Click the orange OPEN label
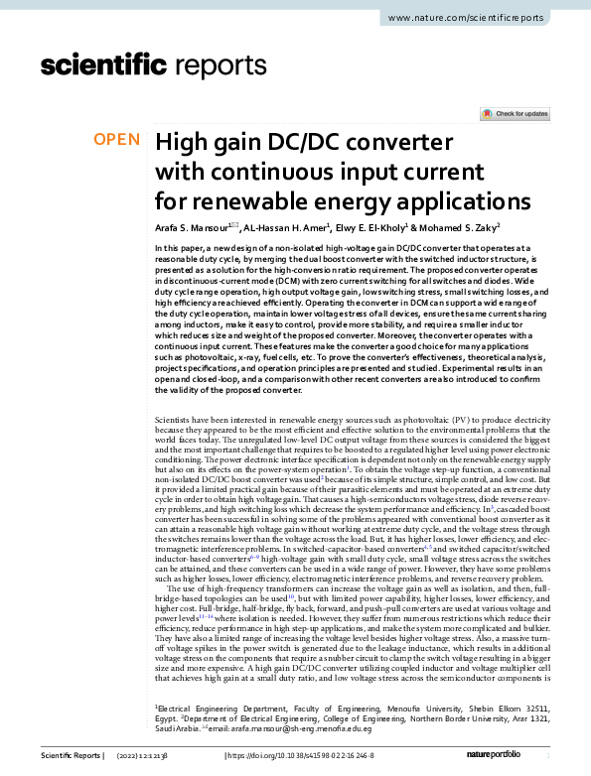click(x=117, y=140)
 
